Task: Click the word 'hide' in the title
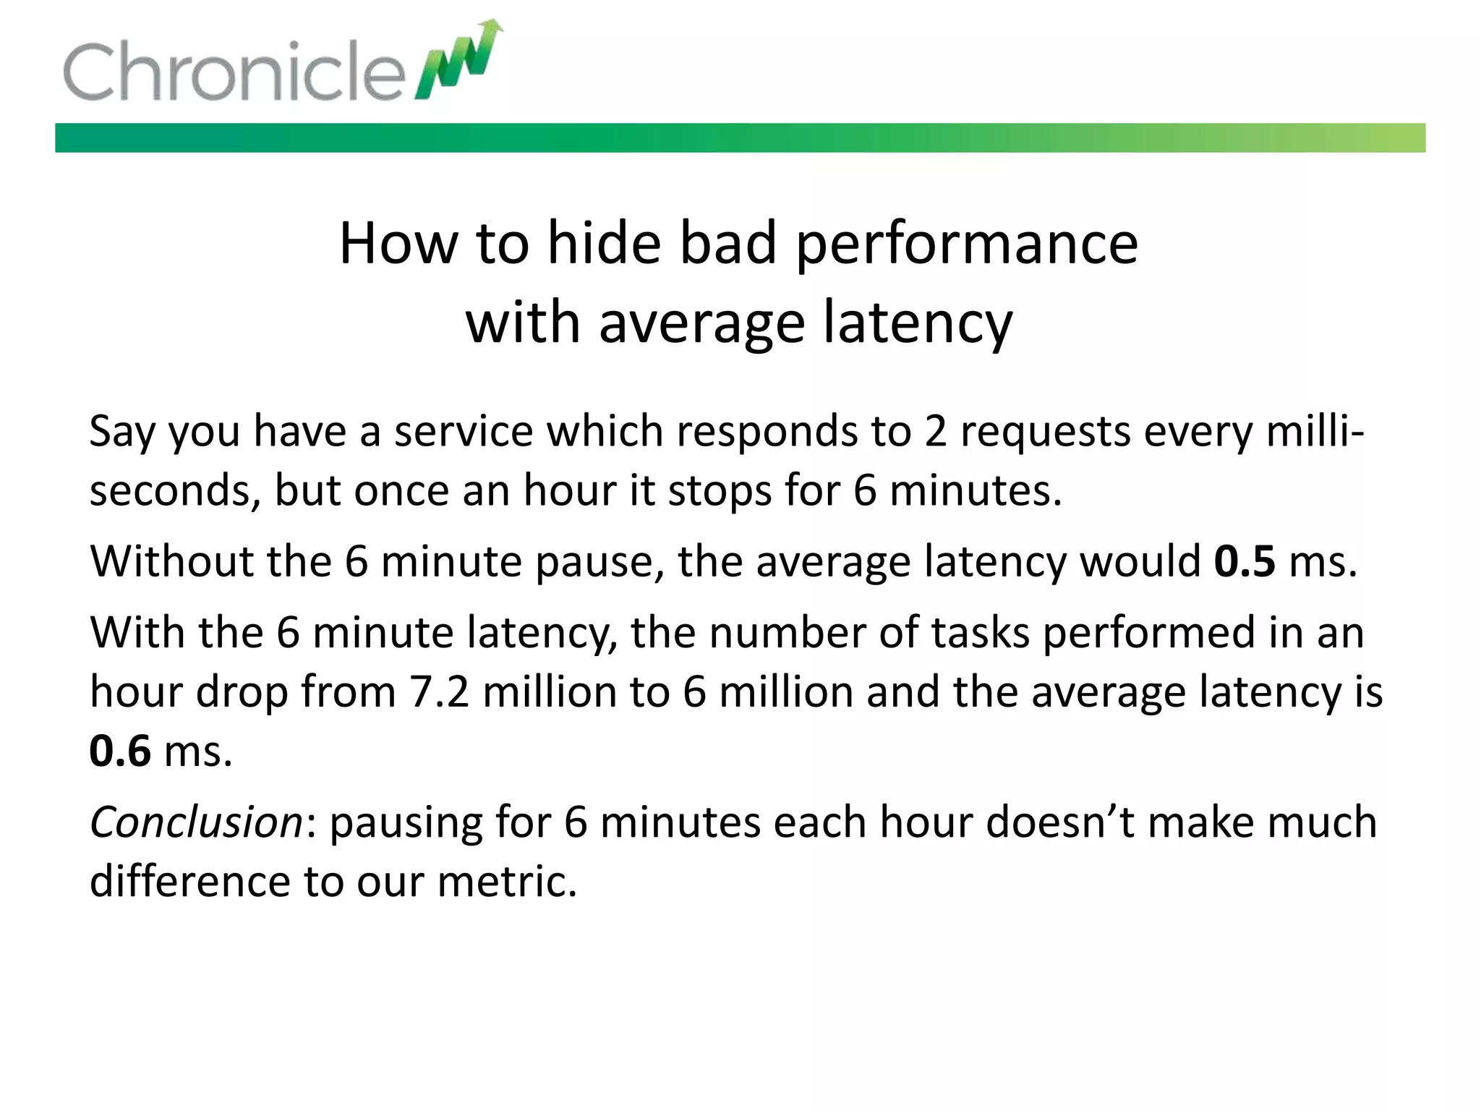tap(604, 244)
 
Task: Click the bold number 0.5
tap(1245, 561)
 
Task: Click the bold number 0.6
tap(120, 751)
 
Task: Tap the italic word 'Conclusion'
tap(196, 822)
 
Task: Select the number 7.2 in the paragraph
tap(440, 691)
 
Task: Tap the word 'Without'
tap(171, 561)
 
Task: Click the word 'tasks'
tap(980, 633)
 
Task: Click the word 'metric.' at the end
tap(508, 882)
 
